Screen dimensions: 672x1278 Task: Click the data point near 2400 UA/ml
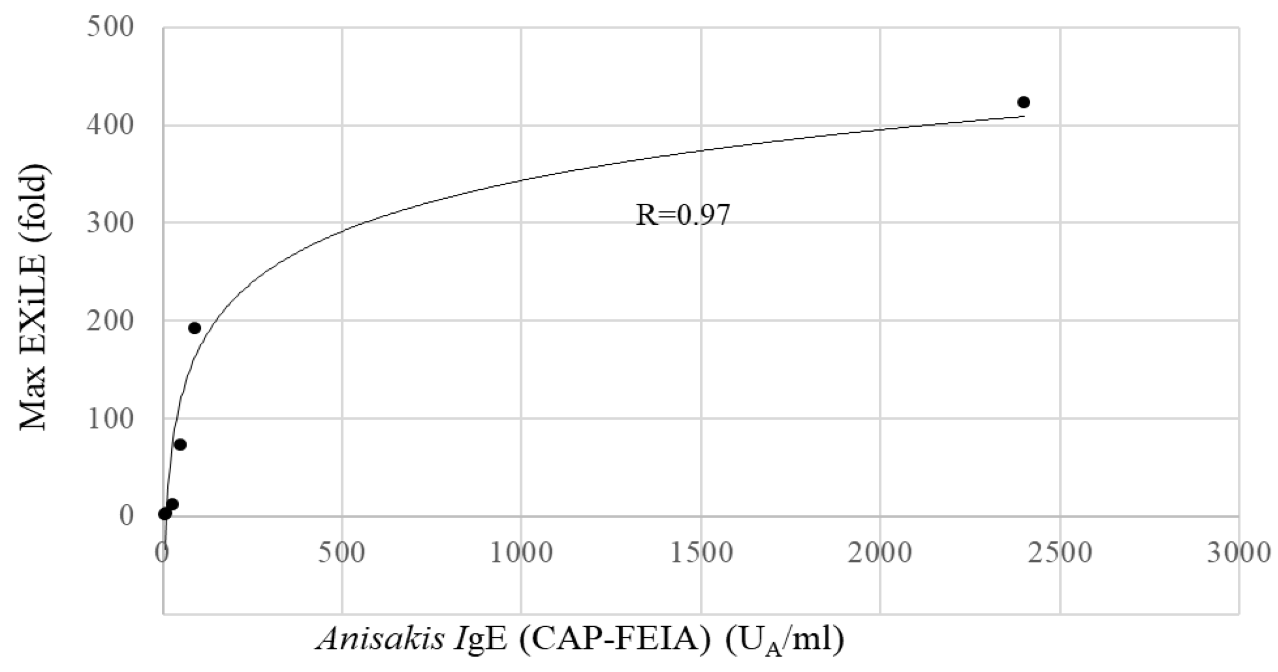point(1024,102)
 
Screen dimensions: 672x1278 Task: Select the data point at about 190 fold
point(194,328)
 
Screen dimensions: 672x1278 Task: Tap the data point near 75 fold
point(180,445)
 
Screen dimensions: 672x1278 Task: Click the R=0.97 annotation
point(683,215)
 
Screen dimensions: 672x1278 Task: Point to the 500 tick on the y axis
point(110,28)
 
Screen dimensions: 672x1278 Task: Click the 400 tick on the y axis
point(110,126)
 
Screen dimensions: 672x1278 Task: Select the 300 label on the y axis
point(110,223)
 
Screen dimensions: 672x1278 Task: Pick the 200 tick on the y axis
point(110,321)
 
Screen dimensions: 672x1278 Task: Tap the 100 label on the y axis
point(110,419)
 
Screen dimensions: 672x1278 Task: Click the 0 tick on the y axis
point(126,516)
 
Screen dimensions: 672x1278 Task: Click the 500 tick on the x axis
point(342,553)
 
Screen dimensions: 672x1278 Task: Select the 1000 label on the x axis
point(521,553)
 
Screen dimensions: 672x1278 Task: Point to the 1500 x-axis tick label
point(701,553)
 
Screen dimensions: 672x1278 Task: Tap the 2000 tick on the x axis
point(880,553)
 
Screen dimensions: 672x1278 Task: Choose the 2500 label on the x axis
point(1060,553)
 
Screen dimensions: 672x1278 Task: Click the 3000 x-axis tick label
point(1239,553)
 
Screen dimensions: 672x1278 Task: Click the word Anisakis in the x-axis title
point(380,640)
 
